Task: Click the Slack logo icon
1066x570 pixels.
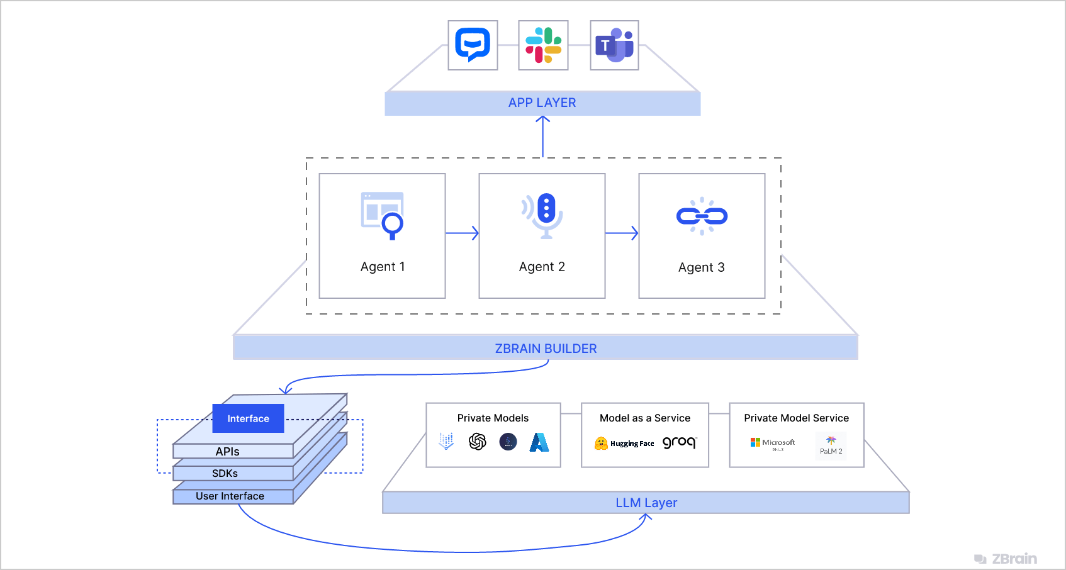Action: tap(543, 45)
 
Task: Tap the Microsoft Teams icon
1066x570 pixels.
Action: tap(614, 45)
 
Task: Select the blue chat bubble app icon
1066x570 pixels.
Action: tap(473, 45)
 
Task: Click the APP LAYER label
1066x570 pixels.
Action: tap(542, 103)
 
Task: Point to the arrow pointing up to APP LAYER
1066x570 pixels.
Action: tap(542, 135)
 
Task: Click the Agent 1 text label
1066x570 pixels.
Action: tap(383, 267)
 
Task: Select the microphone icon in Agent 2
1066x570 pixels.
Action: tap(545, 215)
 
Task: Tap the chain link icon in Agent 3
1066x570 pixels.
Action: tap(702, 216)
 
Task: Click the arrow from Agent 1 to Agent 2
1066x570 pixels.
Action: tap(463, 233)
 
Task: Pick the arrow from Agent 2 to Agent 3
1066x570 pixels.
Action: tap(622, 233)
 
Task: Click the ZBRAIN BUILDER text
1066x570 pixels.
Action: tap(546, 349)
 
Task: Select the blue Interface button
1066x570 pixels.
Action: tap(248, 418)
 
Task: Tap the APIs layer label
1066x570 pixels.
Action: tap(227, 452)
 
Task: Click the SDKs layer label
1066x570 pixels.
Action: tap(225, 474)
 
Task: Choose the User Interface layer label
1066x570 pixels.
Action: tap(230, 496)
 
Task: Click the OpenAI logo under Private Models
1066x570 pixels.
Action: tap(478, 442)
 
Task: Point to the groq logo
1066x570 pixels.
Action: tap(679, 442)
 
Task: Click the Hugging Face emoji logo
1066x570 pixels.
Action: tap(601, 444)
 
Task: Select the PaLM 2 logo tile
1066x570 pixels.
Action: tap(831, 445)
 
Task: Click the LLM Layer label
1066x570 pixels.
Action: tap(646, 503)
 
